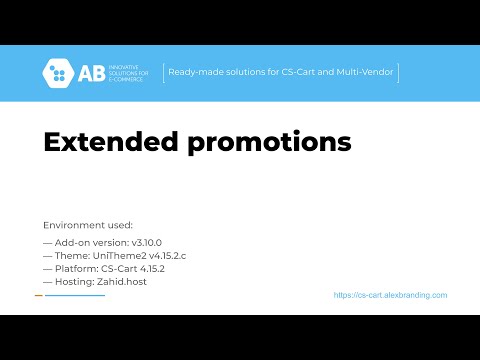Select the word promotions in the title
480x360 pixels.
point(270,143)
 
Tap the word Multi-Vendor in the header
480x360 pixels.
point(366,73)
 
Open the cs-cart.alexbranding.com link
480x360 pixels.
point(390,296)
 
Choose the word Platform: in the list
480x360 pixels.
point(74,269)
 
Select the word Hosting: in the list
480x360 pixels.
point(73,282)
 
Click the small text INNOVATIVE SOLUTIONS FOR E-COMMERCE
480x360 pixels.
point(127,73)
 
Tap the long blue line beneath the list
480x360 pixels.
point(75,296)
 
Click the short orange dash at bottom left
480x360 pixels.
point(38,296)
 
